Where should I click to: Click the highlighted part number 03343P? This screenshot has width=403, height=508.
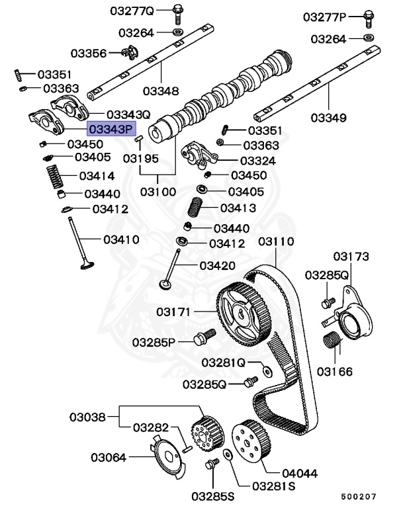point(111,130)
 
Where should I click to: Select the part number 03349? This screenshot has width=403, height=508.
point(328,118)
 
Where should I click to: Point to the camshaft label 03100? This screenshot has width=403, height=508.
point(157,192)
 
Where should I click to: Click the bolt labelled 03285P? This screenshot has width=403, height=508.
point(202,339)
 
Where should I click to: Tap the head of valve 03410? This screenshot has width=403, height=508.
point(84,267)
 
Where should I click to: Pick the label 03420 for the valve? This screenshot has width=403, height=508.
point(217,266)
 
